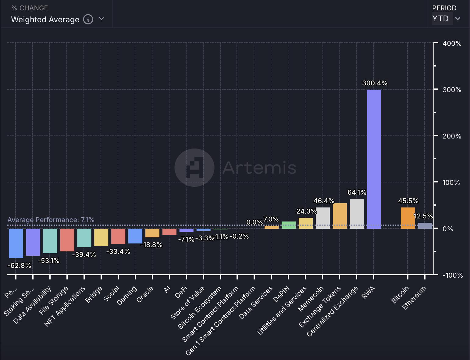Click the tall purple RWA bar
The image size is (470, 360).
tap(374, 159)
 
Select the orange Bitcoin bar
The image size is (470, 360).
tap(408, 218)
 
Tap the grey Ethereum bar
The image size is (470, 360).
tap(425, 226)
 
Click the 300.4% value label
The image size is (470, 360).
tap(375, 83)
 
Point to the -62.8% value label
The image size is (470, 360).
tap(19, 265)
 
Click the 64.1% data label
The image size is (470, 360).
tap(357, 192)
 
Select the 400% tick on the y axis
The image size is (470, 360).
tap(452, 43)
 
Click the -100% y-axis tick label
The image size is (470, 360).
tap(452, 275)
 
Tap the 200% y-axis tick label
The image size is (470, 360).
tap(452, 136)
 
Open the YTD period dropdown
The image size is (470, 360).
tap(446, 19)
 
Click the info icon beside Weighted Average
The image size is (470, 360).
tap(88, 20)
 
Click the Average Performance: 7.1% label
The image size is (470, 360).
tap(51, 220)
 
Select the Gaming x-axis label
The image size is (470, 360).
tap(127, 296)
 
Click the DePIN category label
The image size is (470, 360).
tap(282, 294)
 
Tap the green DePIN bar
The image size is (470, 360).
tap(288, 225)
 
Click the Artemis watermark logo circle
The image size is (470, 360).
tap(194, 167)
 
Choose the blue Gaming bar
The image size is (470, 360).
tap(135, 236)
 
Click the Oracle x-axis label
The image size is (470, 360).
tap(145, 294)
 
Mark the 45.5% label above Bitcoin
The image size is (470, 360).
tap(408, 201)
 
